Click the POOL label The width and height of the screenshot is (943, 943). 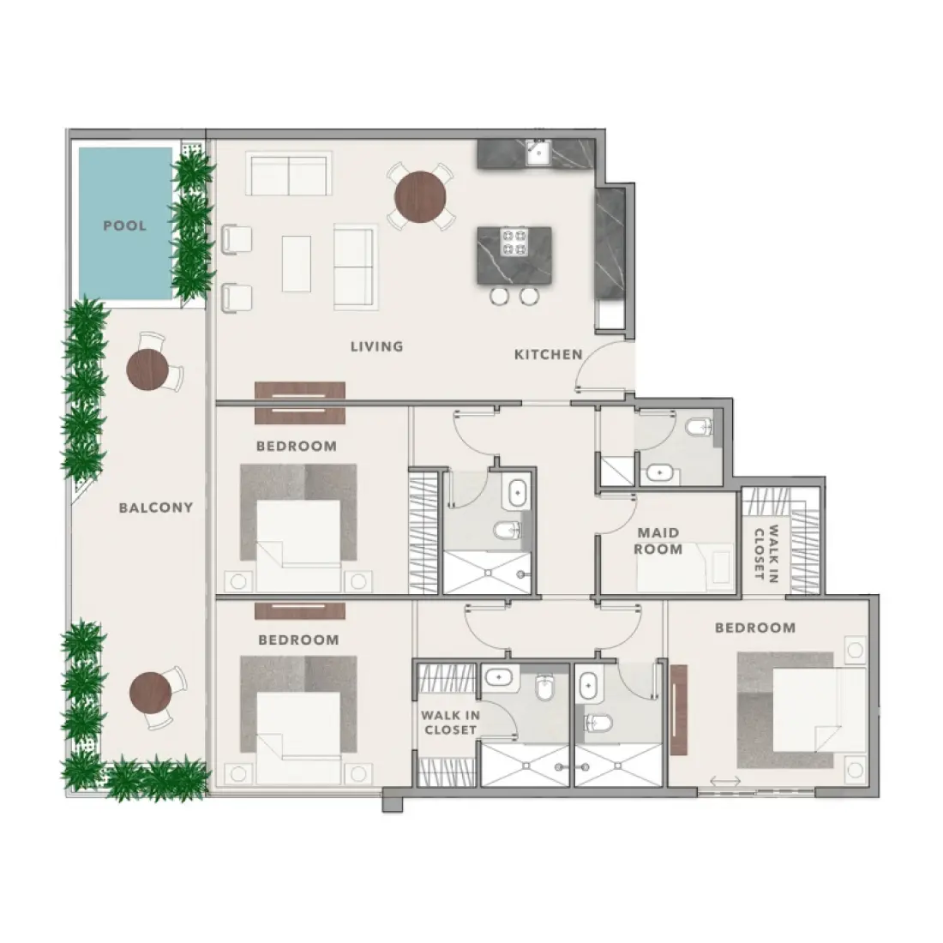click(x=125, y=226)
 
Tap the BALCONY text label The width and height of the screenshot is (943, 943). click(x=156, y=508)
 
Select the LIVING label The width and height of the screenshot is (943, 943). click(x=376, y=347)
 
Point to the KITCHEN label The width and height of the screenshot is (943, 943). click(x=548, y=354)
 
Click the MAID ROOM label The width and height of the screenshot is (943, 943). click(x=658, y=541)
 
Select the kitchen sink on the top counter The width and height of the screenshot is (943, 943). click(x=538, y=153)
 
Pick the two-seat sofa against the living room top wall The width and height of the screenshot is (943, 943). click(x=289, y=174)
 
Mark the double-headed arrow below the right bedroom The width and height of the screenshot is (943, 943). click(x=726, y=781)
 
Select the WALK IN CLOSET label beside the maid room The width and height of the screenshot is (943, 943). click(x=766, y=553)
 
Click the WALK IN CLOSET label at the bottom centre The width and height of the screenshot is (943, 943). click(x=448, y=721)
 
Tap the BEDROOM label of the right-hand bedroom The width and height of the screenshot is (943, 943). click(x=755, y=628)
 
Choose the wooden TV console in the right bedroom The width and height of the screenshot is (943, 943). click(x=680, y=709)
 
